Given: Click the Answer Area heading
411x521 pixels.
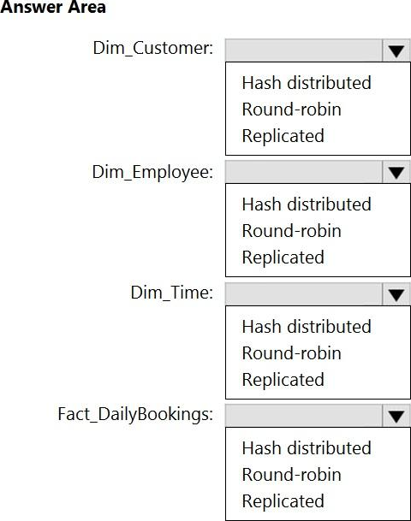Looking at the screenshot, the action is point(53,7).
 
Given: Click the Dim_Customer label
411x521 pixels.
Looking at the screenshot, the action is point(153,48).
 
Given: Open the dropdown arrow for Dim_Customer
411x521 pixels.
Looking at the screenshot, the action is point(396,50).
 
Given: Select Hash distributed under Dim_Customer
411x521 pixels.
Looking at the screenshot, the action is point(307,83).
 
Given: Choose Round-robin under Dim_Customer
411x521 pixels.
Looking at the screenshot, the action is point(292,110).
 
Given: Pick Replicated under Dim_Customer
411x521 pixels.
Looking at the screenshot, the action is point(283,136).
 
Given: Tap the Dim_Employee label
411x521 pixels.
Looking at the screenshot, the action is point(152,172).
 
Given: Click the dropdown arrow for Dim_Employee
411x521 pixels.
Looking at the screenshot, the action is point(396,172).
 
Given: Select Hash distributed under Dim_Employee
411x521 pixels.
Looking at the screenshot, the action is point(307,204).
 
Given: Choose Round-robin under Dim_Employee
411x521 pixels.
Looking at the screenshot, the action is point(292,231).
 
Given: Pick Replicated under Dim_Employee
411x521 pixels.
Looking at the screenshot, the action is point(283,258).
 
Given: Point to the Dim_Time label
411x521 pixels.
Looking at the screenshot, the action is point(172,293).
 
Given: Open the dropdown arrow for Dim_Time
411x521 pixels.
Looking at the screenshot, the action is point(396,294).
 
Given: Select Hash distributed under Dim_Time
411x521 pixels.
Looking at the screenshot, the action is point(307,327).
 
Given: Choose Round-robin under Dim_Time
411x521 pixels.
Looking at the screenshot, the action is point(292,353).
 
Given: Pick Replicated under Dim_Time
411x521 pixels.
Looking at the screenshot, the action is point(283,380).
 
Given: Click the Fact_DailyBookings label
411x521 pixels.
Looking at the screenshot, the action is point(135,415).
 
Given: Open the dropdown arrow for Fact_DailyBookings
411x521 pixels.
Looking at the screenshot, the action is point(396,416).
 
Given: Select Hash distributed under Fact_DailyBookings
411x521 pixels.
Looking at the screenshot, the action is point(307,448).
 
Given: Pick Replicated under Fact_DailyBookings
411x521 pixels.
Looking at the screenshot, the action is point(283,501).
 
